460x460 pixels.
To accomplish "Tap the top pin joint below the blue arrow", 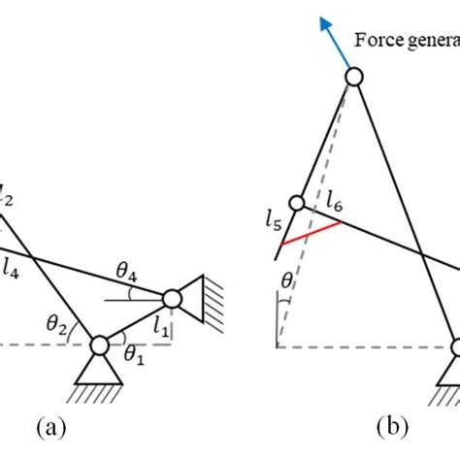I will point(353,77).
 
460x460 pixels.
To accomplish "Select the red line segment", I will point(309,234).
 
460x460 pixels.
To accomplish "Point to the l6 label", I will point(333,204).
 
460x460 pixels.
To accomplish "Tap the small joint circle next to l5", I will point(298,205).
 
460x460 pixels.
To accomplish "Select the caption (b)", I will point(398,426).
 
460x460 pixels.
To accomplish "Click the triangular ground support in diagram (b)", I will point(452,369).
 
